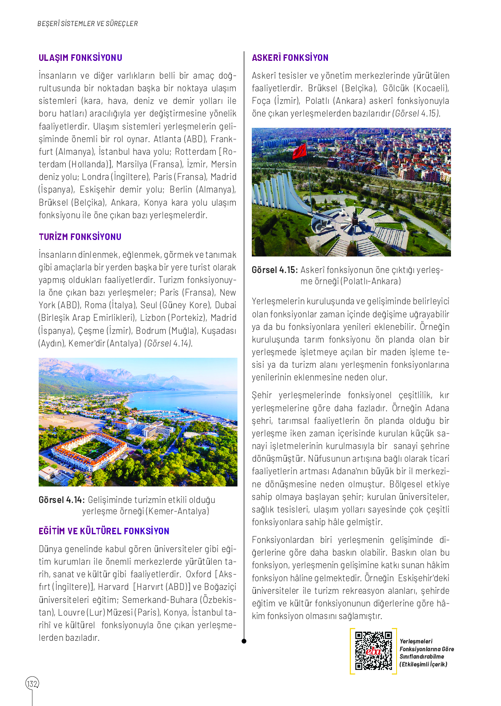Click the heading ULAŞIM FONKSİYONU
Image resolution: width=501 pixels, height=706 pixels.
click(x=80, y=58)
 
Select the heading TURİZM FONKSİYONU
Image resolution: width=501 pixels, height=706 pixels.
click(x=80, y=237)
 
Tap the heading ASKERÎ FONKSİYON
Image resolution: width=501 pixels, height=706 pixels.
click(x=290, y=58)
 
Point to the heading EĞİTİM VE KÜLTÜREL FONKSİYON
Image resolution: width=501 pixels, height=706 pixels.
click(x=104, y=531)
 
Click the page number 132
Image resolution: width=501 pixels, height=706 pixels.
click(x=32, y=684)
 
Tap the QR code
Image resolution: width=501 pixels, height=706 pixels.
click(x=373, y=651)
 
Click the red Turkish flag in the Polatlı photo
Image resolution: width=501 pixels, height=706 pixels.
click(x=300, y=151)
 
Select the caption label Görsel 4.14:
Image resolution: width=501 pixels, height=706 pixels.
click(x=61, y=500)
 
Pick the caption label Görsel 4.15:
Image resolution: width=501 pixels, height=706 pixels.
click(x=274, y=270)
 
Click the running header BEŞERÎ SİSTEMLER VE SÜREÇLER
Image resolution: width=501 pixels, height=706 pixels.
click(x=87, y=24)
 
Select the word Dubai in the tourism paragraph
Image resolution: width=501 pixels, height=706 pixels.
click(x=225, y=305)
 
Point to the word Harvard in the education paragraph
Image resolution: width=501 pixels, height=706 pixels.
click(x=113, y=587)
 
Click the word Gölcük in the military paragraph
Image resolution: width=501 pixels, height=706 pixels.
click(x=396, y=88)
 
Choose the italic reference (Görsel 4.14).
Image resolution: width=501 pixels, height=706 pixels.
click(x=168, y=343)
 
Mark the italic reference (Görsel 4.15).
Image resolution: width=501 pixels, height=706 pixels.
click(x=416, y=113)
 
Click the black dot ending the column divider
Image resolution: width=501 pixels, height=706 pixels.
click(x=244, y=641)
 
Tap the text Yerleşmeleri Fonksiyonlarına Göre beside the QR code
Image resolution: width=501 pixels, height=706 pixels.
click(x=426, y=645)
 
